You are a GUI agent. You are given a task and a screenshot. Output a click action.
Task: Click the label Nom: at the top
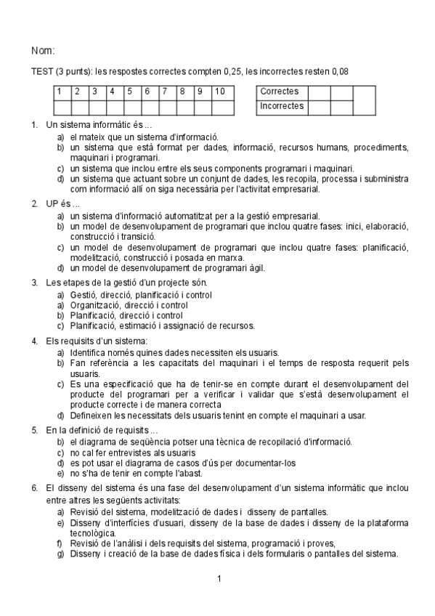[x=43, y=51]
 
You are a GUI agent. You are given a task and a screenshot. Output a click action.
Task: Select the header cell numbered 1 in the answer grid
[x=61, y=92]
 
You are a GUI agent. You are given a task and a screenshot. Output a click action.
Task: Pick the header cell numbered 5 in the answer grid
[x=131, y=92]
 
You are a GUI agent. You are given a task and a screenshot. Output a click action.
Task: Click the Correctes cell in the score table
[x=279, y=92]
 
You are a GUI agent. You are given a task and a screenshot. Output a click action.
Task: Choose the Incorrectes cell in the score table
[x=282, y=107]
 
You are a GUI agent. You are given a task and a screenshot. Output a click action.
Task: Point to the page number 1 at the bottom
[x=219, y=579]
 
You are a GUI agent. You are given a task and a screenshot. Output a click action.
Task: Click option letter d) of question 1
[x=61, y=179]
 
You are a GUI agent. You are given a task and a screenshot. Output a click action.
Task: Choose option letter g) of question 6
[x=61, y=554]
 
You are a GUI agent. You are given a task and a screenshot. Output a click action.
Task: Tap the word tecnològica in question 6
[x=92, y=532]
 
